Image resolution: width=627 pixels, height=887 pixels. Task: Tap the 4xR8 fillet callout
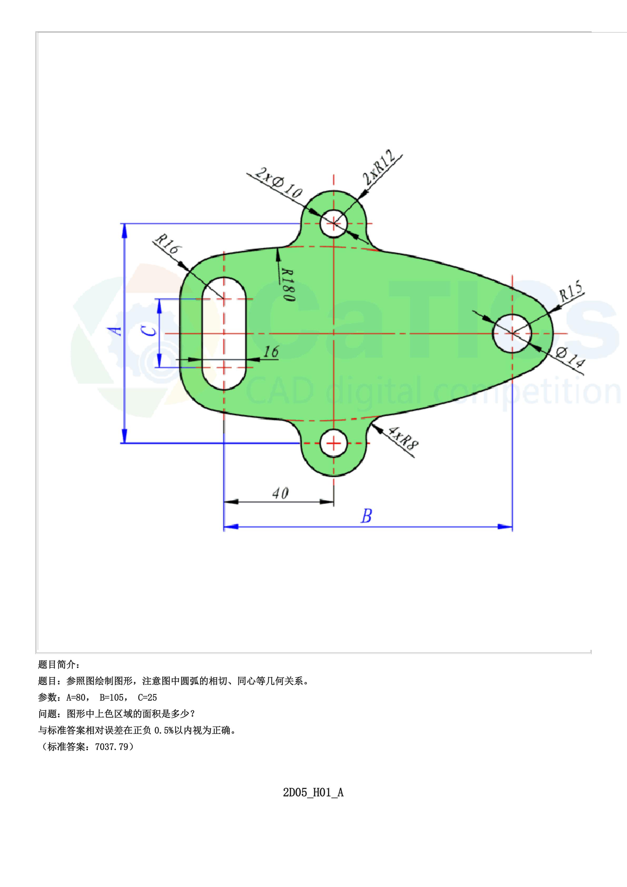tap(403, 438)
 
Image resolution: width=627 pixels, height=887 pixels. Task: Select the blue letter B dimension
tap(366, 516)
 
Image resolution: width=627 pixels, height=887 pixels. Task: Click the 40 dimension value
tap(280, 493)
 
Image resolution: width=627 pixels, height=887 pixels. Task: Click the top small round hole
tap(334, 223)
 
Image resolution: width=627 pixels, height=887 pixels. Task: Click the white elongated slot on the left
tap(224, 333)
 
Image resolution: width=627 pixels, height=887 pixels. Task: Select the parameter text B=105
tap(112, 697)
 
